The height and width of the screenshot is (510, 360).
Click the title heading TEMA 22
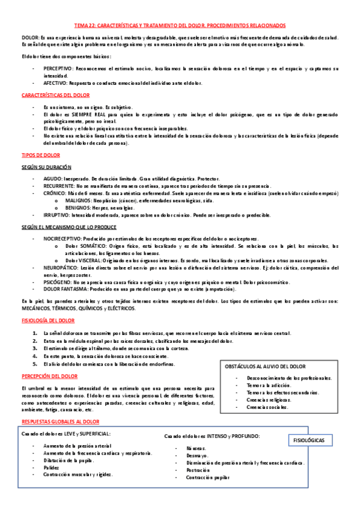pos(180,25)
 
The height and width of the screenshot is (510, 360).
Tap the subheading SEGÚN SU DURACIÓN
pos(46,167)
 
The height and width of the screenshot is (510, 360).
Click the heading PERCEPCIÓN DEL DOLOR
pos(49,376)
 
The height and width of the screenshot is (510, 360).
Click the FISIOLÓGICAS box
pos(313,440)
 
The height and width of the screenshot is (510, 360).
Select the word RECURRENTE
pos(59,186)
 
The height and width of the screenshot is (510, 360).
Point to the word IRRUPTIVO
pos(57,215)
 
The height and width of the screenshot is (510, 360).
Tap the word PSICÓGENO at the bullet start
pos(57,281)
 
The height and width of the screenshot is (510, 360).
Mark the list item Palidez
pos(52,467)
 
